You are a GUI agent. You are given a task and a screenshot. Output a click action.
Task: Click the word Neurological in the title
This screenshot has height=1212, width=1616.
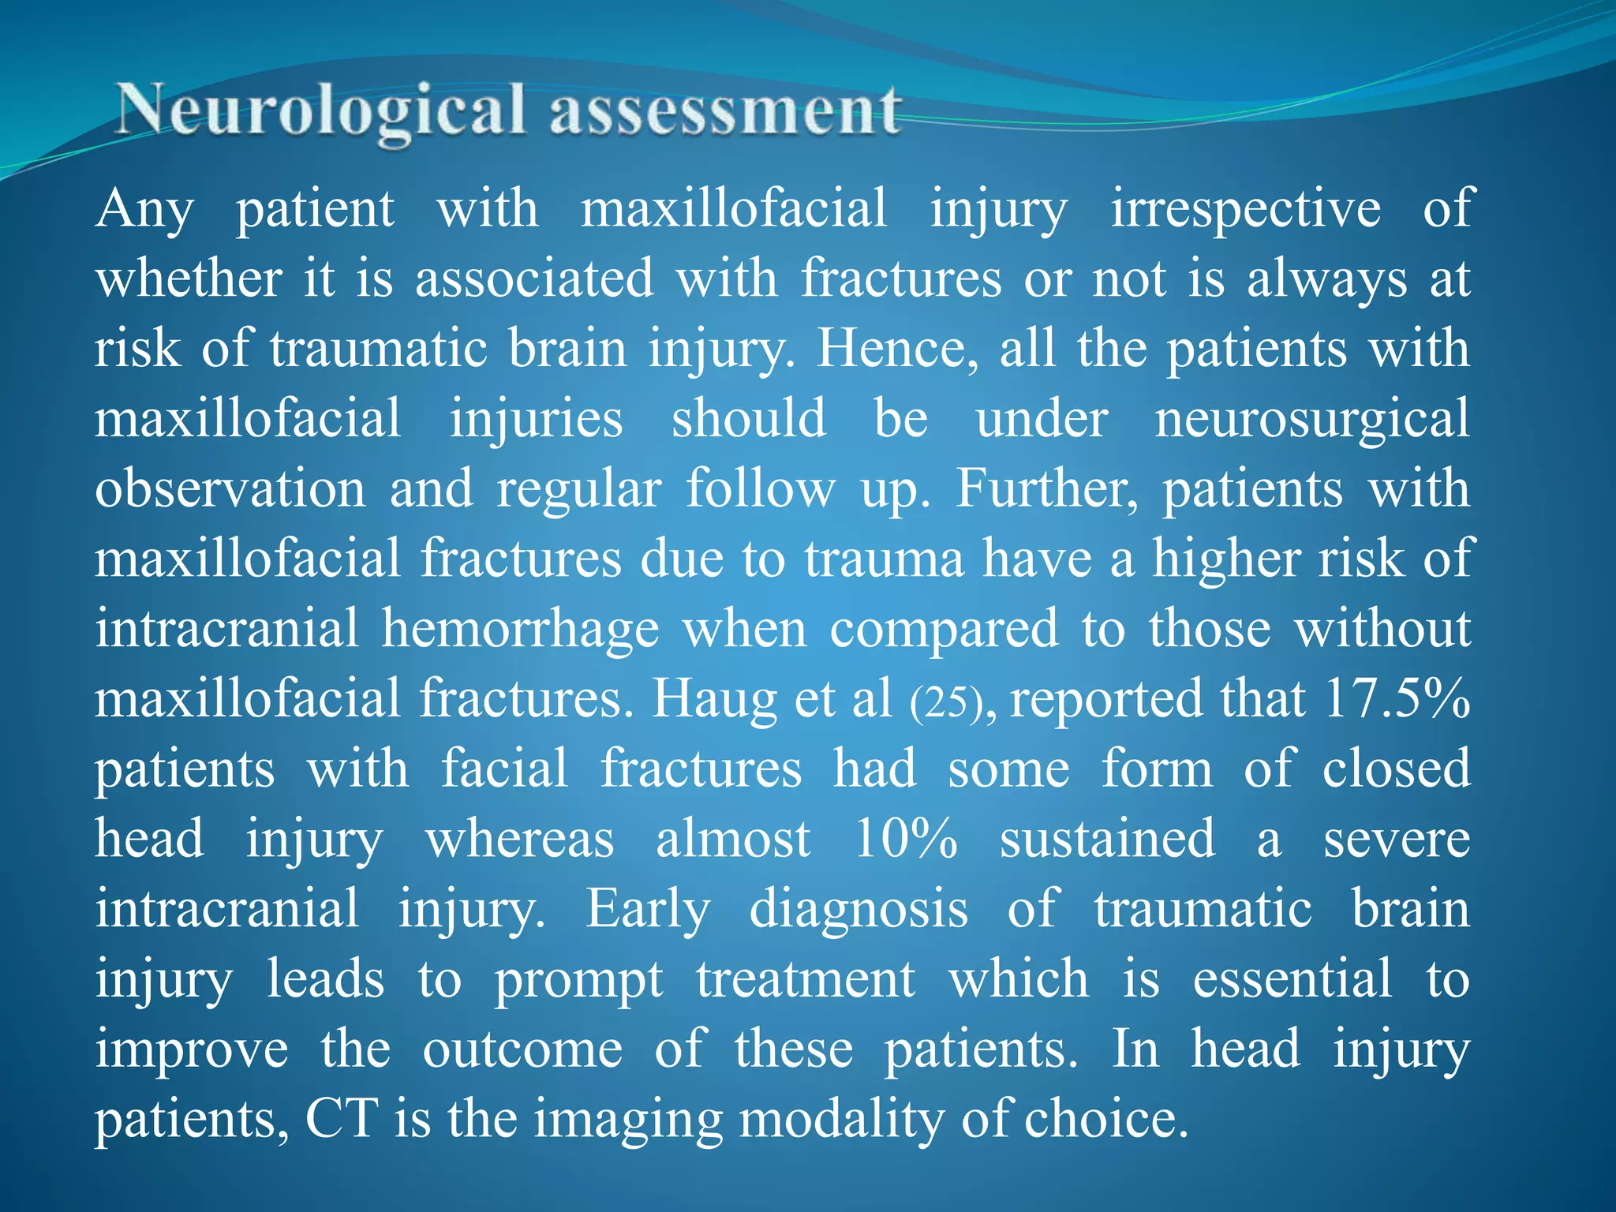(320, 111)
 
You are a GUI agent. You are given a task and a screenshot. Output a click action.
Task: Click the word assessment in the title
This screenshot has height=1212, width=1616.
(725, 111)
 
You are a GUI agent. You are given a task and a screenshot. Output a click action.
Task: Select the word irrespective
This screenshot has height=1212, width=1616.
(1246, 209)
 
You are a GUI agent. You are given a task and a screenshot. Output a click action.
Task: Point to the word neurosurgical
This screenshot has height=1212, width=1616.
(1312, 418)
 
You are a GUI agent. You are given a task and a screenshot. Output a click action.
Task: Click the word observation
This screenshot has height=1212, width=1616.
(230, 488)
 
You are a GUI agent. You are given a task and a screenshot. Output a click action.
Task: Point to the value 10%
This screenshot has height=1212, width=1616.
(906, 838)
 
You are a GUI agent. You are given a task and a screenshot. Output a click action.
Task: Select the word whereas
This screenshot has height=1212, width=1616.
(520, 839)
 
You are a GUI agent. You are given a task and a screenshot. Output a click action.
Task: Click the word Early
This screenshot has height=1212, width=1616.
(648, 909)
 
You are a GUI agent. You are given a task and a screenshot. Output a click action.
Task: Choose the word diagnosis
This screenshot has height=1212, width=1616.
(858, 909)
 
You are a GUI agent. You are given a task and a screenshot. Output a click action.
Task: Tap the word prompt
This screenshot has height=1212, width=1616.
(578, 980)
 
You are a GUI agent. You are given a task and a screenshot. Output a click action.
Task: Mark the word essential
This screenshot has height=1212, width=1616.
(1292, 978)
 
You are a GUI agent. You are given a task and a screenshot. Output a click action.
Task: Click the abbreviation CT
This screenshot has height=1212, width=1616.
(341, 1118)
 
